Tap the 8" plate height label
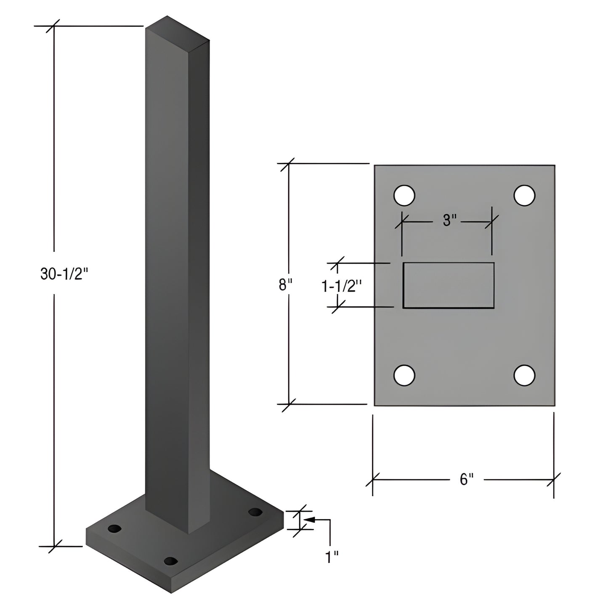coord(285,285)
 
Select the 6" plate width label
coord(466,479)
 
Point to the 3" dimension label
coord(449,220)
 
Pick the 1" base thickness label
coord(332,558)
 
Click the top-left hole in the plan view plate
coord(404,195)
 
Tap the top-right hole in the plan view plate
coord(524,195)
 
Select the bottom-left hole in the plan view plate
coord(404,374)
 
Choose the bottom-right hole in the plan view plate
coord(524,374)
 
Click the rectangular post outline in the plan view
coord(449,285)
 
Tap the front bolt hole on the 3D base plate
coord(170,561)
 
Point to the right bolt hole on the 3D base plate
coord(255,512)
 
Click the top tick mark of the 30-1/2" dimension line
coord(54,26)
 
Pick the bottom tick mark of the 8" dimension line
coord(289,404)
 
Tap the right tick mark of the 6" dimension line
coord(554,479)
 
